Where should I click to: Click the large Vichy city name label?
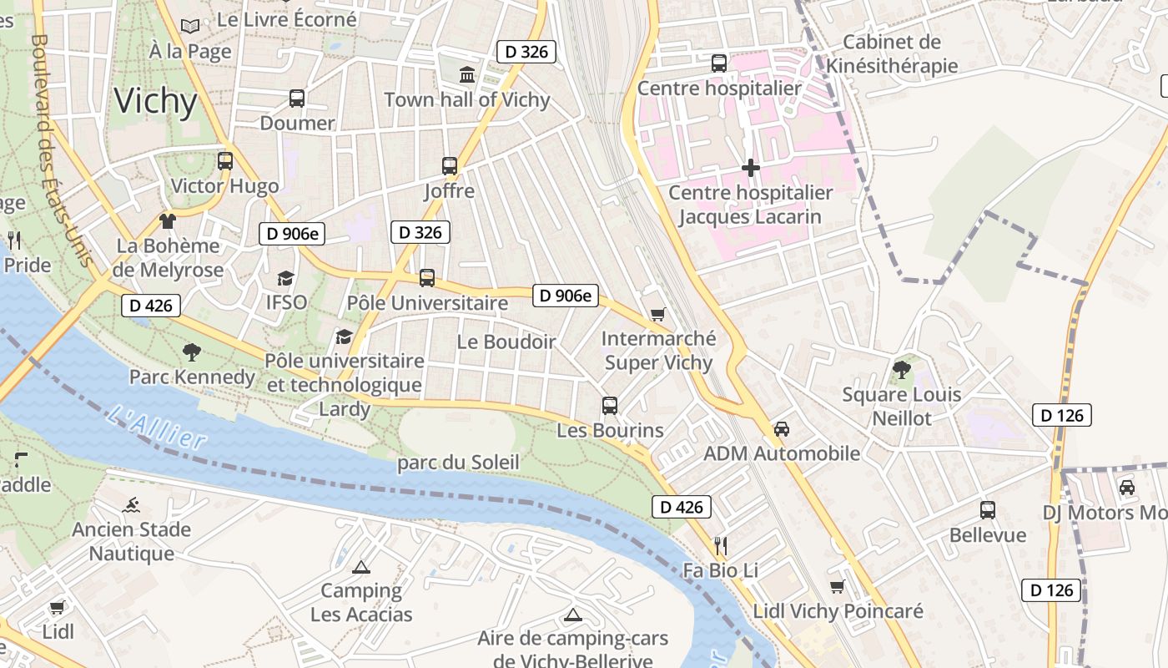(156, 101)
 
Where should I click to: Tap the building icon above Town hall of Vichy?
(467, 75)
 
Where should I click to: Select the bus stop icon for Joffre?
(450, 165)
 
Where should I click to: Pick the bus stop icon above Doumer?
(296, 98)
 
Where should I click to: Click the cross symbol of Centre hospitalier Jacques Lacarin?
(751, 168)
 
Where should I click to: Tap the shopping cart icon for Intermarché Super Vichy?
(658, 314)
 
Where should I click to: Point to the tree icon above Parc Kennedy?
(192, 352)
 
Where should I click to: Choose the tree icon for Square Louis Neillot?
(901, 369)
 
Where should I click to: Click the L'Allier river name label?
(157, 427)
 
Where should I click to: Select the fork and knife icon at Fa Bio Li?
(721, 546)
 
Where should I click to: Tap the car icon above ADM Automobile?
(782, 428)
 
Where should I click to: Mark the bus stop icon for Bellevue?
(988, 509)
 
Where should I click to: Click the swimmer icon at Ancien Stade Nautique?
(131, 504)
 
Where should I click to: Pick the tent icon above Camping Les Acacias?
(360, 567)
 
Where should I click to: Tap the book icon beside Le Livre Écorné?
(191, 26)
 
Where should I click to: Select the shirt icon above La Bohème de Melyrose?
(168, 220)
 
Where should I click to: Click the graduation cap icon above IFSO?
(286, 277)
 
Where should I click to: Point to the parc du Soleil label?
(458, 463)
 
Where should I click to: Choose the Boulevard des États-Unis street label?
(61, 150)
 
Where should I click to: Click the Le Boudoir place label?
(506, 342)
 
